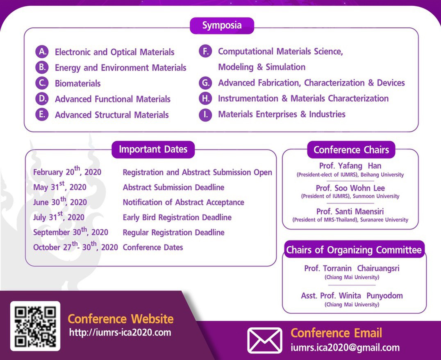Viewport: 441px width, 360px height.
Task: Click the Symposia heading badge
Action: (222, 25)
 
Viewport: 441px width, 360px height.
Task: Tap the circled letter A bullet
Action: (42, 52)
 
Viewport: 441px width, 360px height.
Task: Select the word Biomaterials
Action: (77, 84)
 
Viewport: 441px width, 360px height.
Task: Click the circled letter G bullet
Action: (205, 83)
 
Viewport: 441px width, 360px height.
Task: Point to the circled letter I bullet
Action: (205, 115)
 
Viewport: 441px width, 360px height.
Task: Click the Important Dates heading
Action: (153, 149)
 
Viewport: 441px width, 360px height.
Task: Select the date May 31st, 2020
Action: (59, 186)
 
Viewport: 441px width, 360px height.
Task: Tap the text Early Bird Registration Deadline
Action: (177, 217)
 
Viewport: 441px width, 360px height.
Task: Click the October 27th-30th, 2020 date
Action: (75, 246)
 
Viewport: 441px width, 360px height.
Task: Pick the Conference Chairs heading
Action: (351, 150)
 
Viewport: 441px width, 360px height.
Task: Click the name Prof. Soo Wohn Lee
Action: (350, 188)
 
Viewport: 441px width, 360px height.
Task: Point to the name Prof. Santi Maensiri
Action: (350, 211)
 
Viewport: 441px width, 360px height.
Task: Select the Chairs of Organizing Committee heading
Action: (354, 249)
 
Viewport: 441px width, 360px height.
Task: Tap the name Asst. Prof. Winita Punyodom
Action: (352, 296)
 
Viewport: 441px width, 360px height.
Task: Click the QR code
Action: (35, 326)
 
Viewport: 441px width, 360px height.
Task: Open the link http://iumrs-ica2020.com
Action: (120, 333)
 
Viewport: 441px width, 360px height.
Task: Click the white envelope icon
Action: (265, 340)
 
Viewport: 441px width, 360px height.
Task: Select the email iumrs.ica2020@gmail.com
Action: (345, 348)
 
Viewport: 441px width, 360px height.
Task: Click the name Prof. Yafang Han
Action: (350, 166)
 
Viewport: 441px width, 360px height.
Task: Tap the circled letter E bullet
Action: (42, 115)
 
